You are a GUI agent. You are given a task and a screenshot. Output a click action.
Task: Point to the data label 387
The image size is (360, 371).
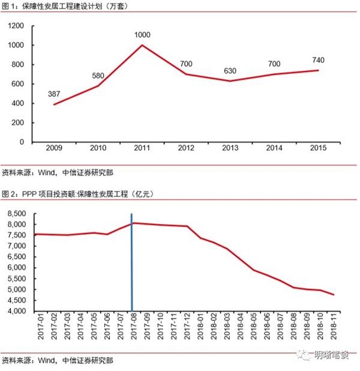pyautogui.click(x=55, y=94)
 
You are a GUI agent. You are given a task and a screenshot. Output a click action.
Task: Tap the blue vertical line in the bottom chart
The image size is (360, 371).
pyautogui.click(x=131, y=264)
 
